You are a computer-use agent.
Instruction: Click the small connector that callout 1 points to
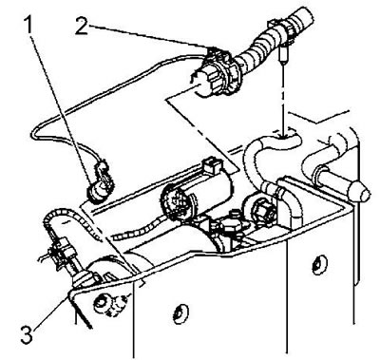[99, 184]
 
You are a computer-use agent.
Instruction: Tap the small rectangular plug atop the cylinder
[212, 164]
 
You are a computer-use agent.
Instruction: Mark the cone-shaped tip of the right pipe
[359, 191]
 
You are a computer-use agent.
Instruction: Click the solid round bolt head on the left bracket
[102, 302]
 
